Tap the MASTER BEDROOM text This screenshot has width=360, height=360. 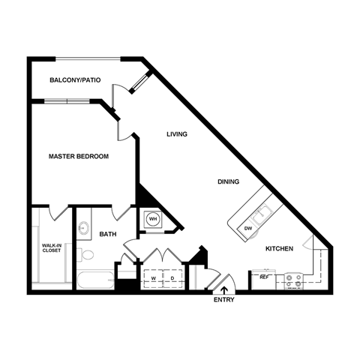coord(79,157)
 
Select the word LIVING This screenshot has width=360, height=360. coord(176,134)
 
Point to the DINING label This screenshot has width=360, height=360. coord(228,181)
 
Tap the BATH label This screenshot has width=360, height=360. coord(109,234)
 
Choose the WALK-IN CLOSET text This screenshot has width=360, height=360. coord(52,247)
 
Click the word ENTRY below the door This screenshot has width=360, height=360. coord(223,301)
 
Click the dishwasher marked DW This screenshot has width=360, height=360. coord(248,228)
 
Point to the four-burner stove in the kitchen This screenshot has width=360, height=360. coord(292,281)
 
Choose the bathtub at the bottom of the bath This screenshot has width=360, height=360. coord(94,282)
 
